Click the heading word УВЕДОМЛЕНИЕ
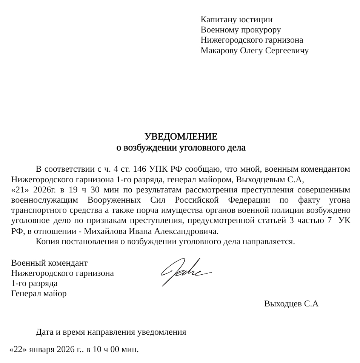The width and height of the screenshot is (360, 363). pyautogui.click(x=181, y=136)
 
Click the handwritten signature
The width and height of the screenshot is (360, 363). pyautogui.click(x=185, y=271)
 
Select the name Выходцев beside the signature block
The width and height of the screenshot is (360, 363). pyautogui.click(x=283, y=304)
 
